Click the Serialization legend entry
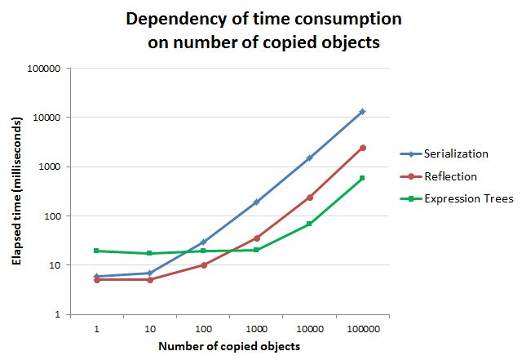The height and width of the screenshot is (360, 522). pyautogui.click(x=455, y=153)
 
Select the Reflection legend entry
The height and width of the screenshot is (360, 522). pyautogui.click(x=449, y=176)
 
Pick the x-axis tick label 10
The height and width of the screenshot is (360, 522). pyautogui.click(x=149, y=329)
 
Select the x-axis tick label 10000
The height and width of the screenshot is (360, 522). pyautogui.click(x=309, y=329)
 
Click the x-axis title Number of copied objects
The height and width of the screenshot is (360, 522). pyautogui.click(x=229, y=346)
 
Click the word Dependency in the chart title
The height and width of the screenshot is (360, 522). pyautogui.click(x=164, y=19)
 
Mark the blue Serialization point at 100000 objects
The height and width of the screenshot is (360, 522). pyautogui.click(x=363, y=111)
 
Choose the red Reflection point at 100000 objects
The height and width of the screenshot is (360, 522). pyautogui.click(x=363, y=148)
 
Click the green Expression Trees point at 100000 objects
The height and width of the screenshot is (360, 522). pyautogui.click(x=363, y=178)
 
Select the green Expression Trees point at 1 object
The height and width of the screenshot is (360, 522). pyautogui.click(x=96, y=251)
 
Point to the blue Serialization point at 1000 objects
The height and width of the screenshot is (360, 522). pyautogui.click(x=256, y=202)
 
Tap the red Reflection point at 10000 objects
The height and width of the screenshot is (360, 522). pyautogui.click(x=310, y=198)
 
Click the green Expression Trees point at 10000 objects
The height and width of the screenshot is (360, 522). pyautogui.click(x=310, y=224)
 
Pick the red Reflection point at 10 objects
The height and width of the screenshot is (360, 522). pyautogui.click(x=149, y=279)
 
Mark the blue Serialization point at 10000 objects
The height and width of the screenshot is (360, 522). pyautogui.click(x=310, y=158)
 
